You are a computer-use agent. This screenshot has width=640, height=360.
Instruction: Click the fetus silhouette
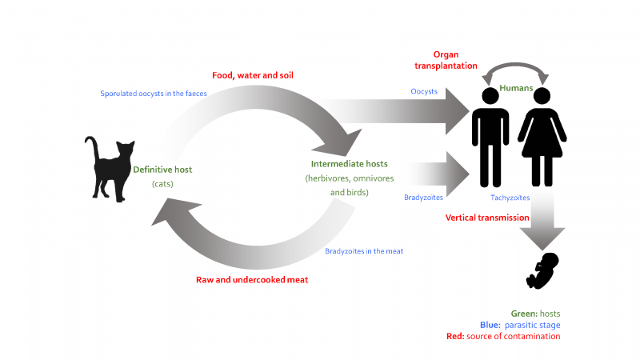tap(543, 271)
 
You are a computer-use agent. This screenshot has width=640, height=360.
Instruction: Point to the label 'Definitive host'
tap(163, 170)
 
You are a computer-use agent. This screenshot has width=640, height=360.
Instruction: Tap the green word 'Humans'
tap(517, 88)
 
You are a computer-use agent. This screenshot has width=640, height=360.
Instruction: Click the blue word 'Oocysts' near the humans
tap(424, 91)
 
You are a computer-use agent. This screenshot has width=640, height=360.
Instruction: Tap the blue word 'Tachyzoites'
tap(510, 197)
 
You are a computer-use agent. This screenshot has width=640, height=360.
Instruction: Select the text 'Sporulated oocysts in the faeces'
tap(153, 94)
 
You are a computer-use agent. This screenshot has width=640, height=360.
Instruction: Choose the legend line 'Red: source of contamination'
tap(503, 336)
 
